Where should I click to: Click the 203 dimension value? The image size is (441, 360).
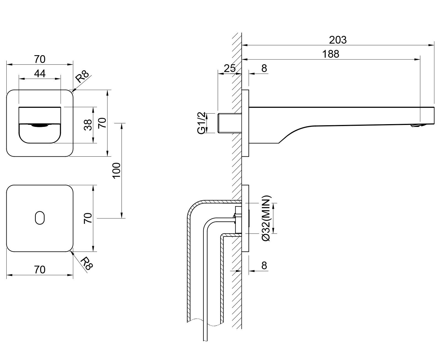pos(338,40)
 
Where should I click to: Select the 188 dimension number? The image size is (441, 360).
pos(331,54)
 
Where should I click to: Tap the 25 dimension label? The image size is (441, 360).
pos(230,68)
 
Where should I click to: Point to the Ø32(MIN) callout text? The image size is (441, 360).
pos(266,218)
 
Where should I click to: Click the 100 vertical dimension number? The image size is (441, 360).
pos(117,170)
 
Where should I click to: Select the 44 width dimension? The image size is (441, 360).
pos(40,73)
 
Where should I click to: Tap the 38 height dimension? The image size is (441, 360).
pos(88,125)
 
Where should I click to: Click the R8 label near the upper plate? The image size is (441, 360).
pos(82,77)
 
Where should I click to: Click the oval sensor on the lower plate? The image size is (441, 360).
pos(40,218)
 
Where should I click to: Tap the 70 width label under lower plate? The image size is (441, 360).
pos(40,270)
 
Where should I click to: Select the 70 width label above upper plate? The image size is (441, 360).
pos(40,59)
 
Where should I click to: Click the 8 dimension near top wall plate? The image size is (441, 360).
pos(264,68)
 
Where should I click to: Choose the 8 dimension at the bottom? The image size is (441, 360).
pos(264,265)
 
